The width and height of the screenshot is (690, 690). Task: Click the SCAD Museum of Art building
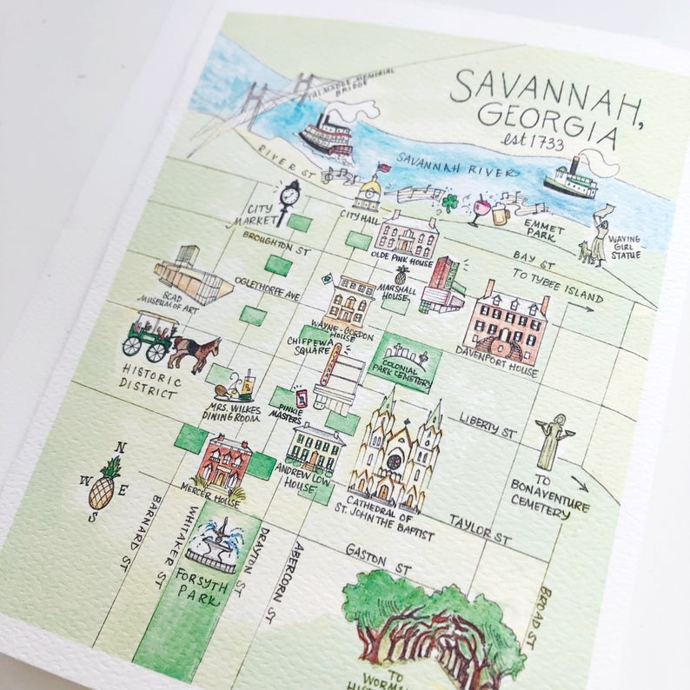click(189, 277)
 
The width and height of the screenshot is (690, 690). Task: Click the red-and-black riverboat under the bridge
click(328, 136)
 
